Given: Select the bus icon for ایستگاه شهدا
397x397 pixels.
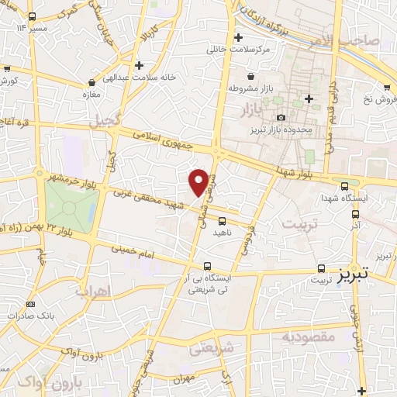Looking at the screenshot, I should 344,185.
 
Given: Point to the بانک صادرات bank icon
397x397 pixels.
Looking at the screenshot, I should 30,304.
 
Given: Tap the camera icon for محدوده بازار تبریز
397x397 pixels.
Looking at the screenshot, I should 280,118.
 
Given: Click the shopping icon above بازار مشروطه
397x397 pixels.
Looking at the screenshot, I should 252,76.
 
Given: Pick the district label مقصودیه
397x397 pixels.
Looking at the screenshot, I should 308,337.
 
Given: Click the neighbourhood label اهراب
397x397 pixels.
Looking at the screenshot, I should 95,292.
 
